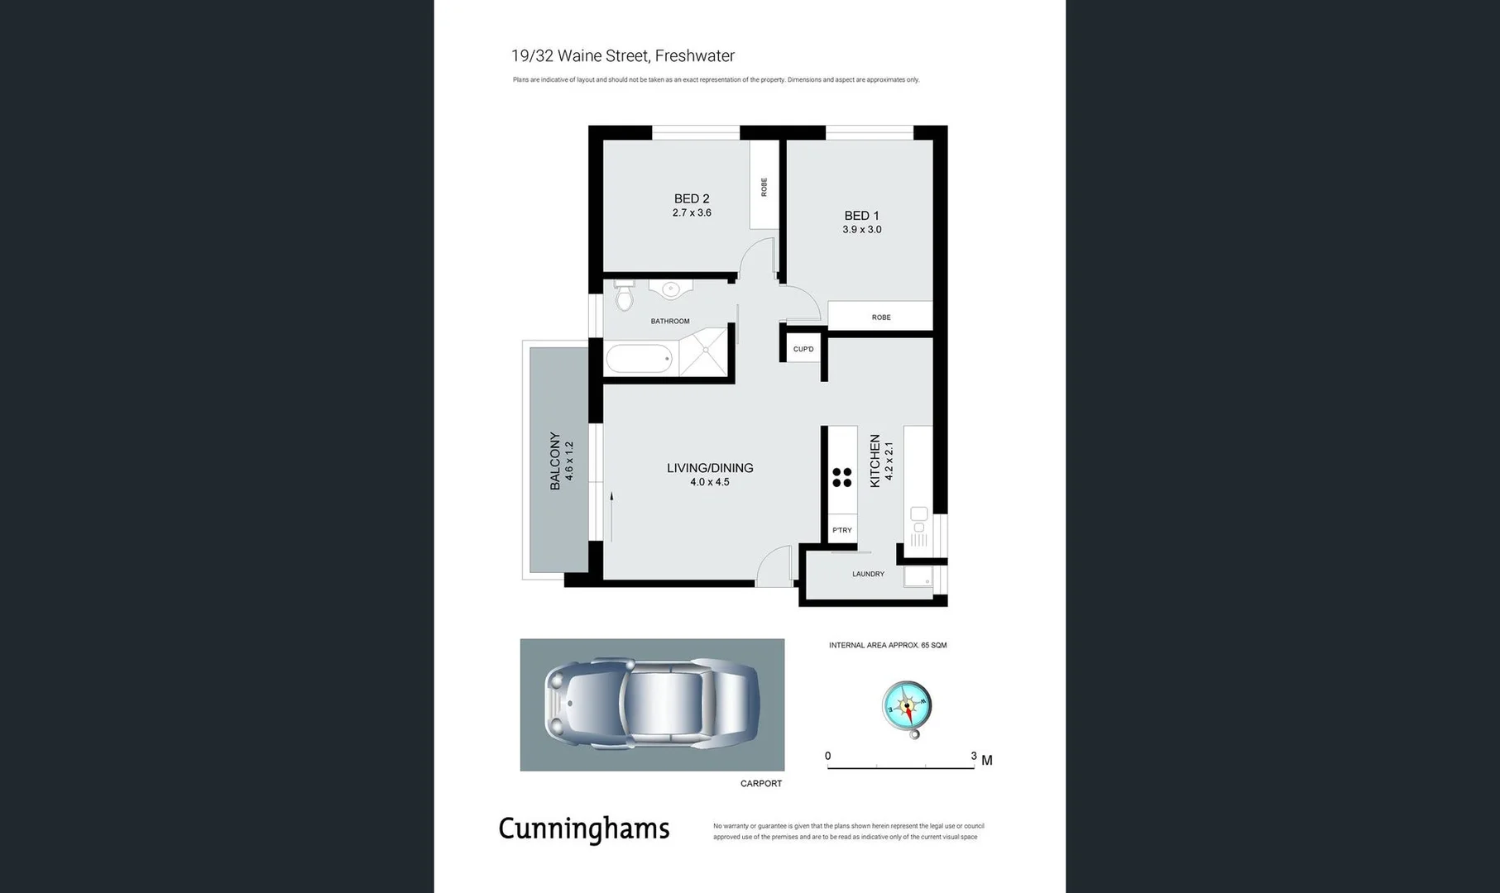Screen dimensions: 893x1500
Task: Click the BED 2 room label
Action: pyautogui.click(x=692, y=198)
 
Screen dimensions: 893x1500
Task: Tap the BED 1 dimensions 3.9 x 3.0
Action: pyautogui.click(x=861, y=230)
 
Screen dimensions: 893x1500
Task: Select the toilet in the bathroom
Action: pyautogui.click(x=625, y=296)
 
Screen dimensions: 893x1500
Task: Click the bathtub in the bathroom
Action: pyautogui.click(x=639, y=360)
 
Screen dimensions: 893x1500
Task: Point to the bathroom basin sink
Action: pyautogui.click(x=670, y=289)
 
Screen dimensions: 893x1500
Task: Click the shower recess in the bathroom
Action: pyautogui.click(x=706, y=351)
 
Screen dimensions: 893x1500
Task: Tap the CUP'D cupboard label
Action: pyautogui.click(x=803, y=349)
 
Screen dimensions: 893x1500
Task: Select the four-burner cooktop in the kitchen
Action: pyautogui.click(x=842, y=477)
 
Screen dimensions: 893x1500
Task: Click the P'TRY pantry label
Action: pyautogui.click(x=842, y=530)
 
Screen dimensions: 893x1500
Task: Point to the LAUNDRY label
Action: pyautogui.click(x=868, y=574)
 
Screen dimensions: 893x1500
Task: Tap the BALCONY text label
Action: pyautogui.click(x=555, y=461)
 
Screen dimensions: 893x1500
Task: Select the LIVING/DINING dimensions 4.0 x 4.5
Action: pyautogui.click(x=710, y=482)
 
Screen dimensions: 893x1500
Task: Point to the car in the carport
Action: pyautogui.click(x=652, y=704)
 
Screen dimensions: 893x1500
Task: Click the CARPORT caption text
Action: pyautogui.click(x=760, y=783)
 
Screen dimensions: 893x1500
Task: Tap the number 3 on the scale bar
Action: pyautogui.click(x=973, y=756)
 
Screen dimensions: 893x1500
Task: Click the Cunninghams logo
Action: pyautogui.click(x=584, y=829)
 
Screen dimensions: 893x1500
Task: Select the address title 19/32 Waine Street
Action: pyautogui.click(x=622, y=56)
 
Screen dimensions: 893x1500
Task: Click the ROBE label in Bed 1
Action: pyautogui.click(x=880, y=318)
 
